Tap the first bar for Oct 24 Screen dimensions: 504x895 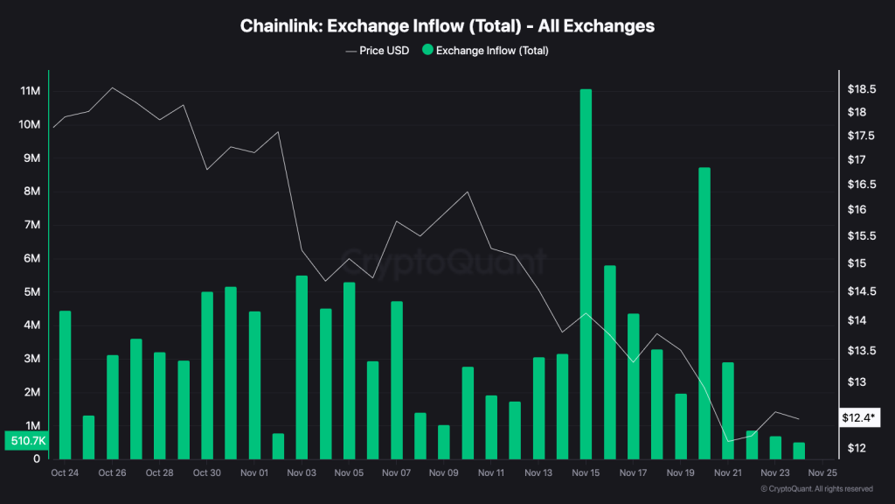point(65,384)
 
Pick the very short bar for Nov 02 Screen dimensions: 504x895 point(278,445)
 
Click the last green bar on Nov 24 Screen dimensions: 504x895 point(799,450)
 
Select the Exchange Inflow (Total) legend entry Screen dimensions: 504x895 point(491,51)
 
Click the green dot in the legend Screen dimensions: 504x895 point(427,51)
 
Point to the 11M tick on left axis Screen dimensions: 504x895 point(30,91)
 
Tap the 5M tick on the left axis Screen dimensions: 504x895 point(30,292)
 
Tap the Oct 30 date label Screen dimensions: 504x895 point(206,472)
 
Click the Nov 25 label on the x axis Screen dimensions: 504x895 point(822,472)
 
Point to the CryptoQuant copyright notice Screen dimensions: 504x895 point(816,489)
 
